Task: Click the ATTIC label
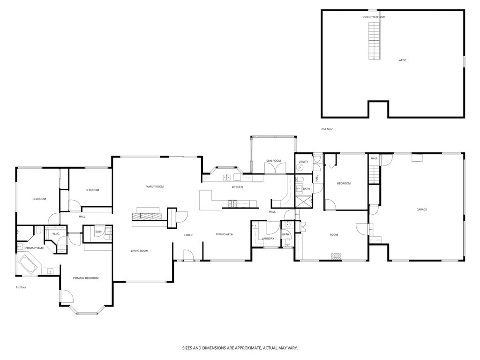402,60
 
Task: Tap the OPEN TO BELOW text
374,17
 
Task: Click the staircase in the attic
374,41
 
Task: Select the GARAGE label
421,210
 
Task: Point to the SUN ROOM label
273,161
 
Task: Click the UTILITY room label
303,162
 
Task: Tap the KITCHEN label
237,187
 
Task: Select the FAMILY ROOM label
154,187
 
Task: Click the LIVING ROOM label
139,251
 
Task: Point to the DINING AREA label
224,234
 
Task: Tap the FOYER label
188,235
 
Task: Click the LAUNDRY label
268,238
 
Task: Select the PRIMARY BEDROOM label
86,278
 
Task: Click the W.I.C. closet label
55,233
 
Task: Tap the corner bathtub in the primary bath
29,265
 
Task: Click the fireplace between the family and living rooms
149,216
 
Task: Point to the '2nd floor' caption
326,129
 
